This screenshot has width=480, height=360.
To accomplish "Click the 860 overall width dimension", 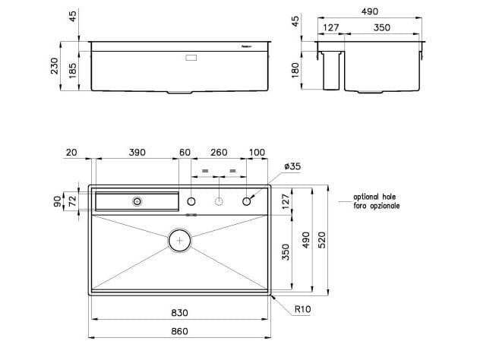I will (179, 332).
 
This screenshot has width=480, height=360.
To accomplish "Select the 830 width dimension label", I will (179, 312).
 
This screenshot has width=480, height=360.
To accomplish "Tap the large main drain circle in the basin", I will (180, 240).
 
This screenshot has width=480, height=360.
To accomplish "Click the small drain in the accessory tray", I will (137, 201).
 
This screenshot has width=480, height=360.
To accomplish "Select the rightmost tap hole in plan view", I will (247, 201).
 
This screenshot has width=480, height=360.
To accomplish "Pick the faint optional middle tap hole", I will (219, 201).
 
